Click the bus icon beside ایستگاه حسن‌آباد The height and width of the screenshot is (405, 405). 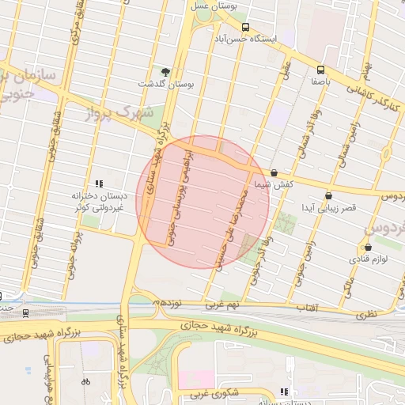(x=245, y=27)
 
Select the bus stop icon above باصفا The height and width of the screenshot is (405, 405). (x=320, y=69)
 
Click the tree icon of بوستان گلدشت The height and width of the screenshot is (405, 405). (x=165, y=71)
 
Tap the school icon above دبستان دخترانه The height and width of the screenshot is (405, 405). (x=99, y=184)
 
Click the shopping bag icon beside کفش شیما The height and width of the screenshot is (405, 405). (x=274, y=172)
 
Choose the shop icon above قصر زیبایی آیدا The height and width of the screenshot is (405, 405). (x=328, y=196)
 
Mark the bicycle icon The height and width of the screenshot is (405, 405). (x=85, y=381)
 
